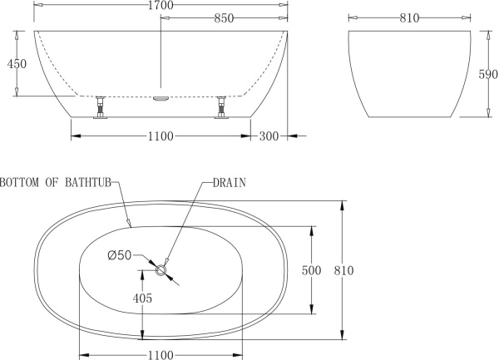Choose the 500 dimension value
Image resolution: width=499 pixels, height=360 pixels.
click(x=309, y=270)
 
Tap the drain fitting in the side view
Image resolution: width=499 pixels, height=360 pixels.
click(x=161, y=97)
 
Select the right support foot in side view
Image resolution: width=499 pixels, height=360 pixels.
click(x=222, y=109)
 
